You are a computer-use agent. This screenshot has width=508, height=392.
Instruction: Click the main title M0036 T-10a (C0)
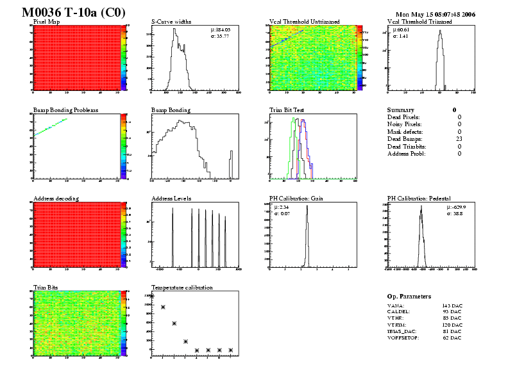[x=74, y=13]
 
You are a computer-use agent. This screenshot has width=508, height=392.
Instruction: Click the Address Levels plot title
[x=173, y=199]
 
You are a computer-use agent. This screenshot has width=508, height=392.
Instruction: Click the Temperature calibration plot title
[x=182, y=288]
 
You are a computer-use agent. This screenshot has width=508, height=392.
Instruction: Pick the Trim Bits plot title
[x=46, y=288]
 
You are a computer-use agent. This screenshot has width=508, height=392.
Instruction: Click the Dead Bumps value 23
[x=458, y=139]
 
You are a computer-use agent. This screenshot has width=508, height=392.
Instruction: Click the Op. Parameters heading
[x=409, y=297]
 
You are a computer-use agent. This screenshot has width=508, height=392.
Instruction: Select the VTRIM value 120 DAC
[x=452, y=325]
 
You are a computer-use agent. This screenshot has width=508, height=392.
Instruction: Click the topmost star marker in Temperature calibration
[x=151, y=296]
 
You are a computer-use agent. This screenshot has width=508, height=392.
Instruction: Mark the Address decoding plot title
[x=56, y=199]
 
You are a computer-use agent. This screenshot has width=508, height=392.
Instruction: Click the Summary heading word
[x=401, y=110]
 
